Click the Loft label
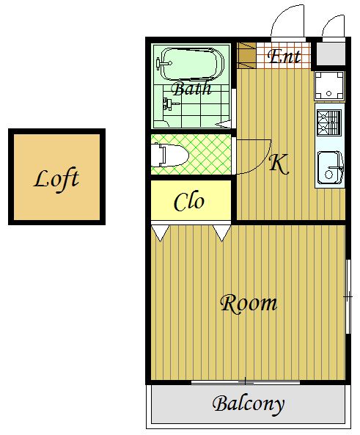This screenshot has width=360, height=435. click(x=56, y=180)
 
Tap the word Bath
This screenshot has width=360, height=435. click(x=191, y=88)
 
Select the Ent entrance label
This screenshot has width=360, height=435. click(x=284, y=56)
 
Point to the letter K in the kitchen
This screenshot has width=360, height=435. click(x=279, y=164)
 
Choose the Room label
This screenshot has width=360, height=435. click(x=249, y=304)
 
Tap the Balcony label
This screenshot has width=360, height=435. click(x=249, y=404)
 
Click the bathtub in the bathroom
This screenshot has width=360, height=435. click(x=191, y=65)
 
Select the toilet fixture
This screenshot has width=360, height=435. click(x=170, y=155)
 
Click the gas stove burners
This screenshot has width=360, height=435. click(x=329, y=123)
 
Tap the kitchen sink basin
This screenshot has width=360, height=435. click(x=330, y=167)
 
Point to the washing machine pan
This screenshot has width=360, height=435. click(x=329, y=85)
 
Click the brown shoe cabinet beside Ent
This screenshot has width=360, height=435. click(x=246, y=56)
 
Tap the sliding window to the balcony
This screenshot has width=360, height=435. click(x=246, y=383)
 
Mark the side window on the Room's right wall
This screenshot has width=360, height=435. click(x=348, y=296)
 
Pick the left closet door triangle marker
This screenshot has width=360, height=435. click(x=161, y=233)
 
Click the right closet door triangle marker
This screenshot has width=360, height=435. click(x=222, y=233)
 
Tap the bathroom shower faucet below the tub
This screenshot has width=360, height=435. click(x=169, y=105)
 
